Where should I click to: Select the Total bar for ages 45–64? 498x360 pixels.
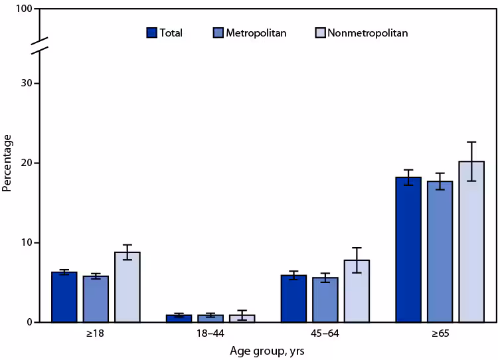click(293, 299)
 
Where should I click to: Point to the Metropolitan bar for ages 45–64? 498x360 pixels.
click(325, 300)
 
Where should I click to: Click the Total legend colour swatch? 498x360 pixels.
click(151, 33)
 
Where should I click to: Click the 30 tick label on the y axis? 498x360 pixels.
click(26, 83)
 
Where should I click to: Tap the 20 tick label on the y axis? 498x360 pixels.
click(26, 163)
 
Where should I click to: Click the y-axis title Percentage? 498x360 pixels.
click(7, 163)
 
